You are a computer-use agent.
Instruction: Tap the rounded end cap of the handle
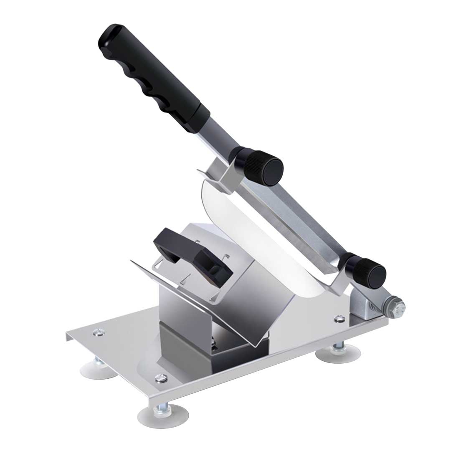pos(109,37)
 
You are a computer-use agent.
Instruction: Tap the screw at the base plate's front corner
pos(158,378)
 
